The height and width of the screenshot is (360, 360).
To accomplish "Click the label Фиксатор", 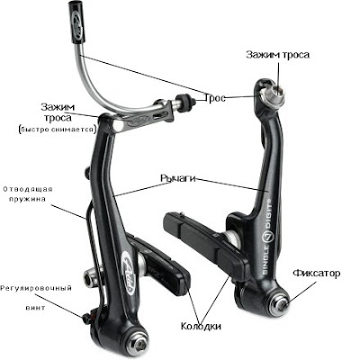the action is [x=317, y=274].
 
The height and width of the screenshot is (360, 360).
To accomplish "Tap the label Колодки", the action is [x=201, y=326].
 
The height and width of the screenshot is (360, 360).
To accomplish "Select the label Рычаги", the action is [x=178, y=178].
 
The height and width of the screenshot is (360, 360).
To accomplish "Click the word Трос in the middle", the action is [x=215, y=97].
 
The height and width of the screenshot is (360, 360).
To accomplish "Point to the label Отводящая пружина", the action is [x=28, y=194].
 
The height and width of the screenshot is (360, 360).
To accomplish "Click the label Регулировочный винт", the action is [x=36, y=298].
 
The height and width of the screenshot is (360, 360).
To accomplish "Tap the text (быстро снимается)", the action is [x=57, y=130].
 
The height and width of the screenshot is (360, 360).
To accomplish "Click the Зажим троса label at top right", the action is [x=277, y=55].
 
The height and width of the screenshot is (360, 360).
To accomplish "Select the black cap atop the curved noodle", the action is [x=76, y=22].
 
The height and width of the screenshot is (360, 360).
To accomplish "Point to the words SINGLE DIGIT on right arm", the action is [x=268, y=236].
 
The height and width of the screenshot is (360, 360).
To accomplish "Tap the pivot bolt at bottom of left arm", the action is [x=139, y=346].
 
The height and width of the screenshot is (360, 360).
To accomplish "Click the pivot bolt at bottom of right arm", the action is [x=281, y=303].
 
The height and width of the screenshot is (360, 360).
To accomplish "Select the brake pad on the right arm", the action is [x=206, y=244].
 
